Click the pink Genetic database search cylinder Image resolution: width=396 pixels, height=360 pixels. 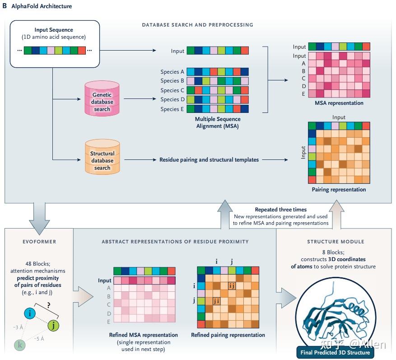(102, 98)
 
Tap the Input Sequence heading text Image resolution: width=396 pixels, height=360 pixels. (53, 30)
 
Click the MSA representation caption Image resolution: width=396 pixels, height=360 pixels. (338, 103)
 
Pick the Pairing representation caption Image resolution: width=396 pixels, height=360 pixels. (339, 190)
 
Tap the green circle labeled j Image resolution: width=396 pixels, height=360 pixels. (53, 325)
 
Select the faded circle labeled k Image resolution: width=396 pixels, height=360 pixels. (19, 345)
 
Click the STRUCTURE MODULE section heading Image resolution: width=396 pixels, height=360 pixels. (335, 242)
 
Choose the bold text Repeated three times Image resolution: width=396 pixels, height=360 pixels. (281, 210)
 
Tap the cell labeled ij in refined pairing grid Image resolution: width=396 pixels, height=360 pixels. (232, 285)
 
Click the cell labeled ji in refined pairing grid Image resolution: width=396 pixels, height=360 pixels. (217, 300)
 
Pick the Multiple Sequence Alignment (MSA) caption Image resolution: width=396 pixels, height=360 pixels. (218, 123)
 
